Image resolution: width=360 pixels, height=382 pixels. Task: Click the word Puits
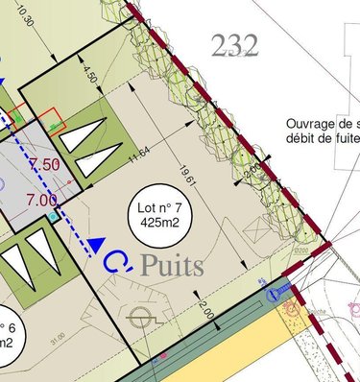pos(172,266)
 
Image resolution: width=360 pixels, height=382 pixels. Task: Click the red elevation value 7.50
pos(47,164)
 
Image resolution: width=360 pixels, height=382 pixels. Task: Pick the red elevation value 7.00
pos(41,200)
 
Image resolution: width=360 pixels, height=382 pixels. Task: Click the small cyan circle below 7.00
pos(54,218)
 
